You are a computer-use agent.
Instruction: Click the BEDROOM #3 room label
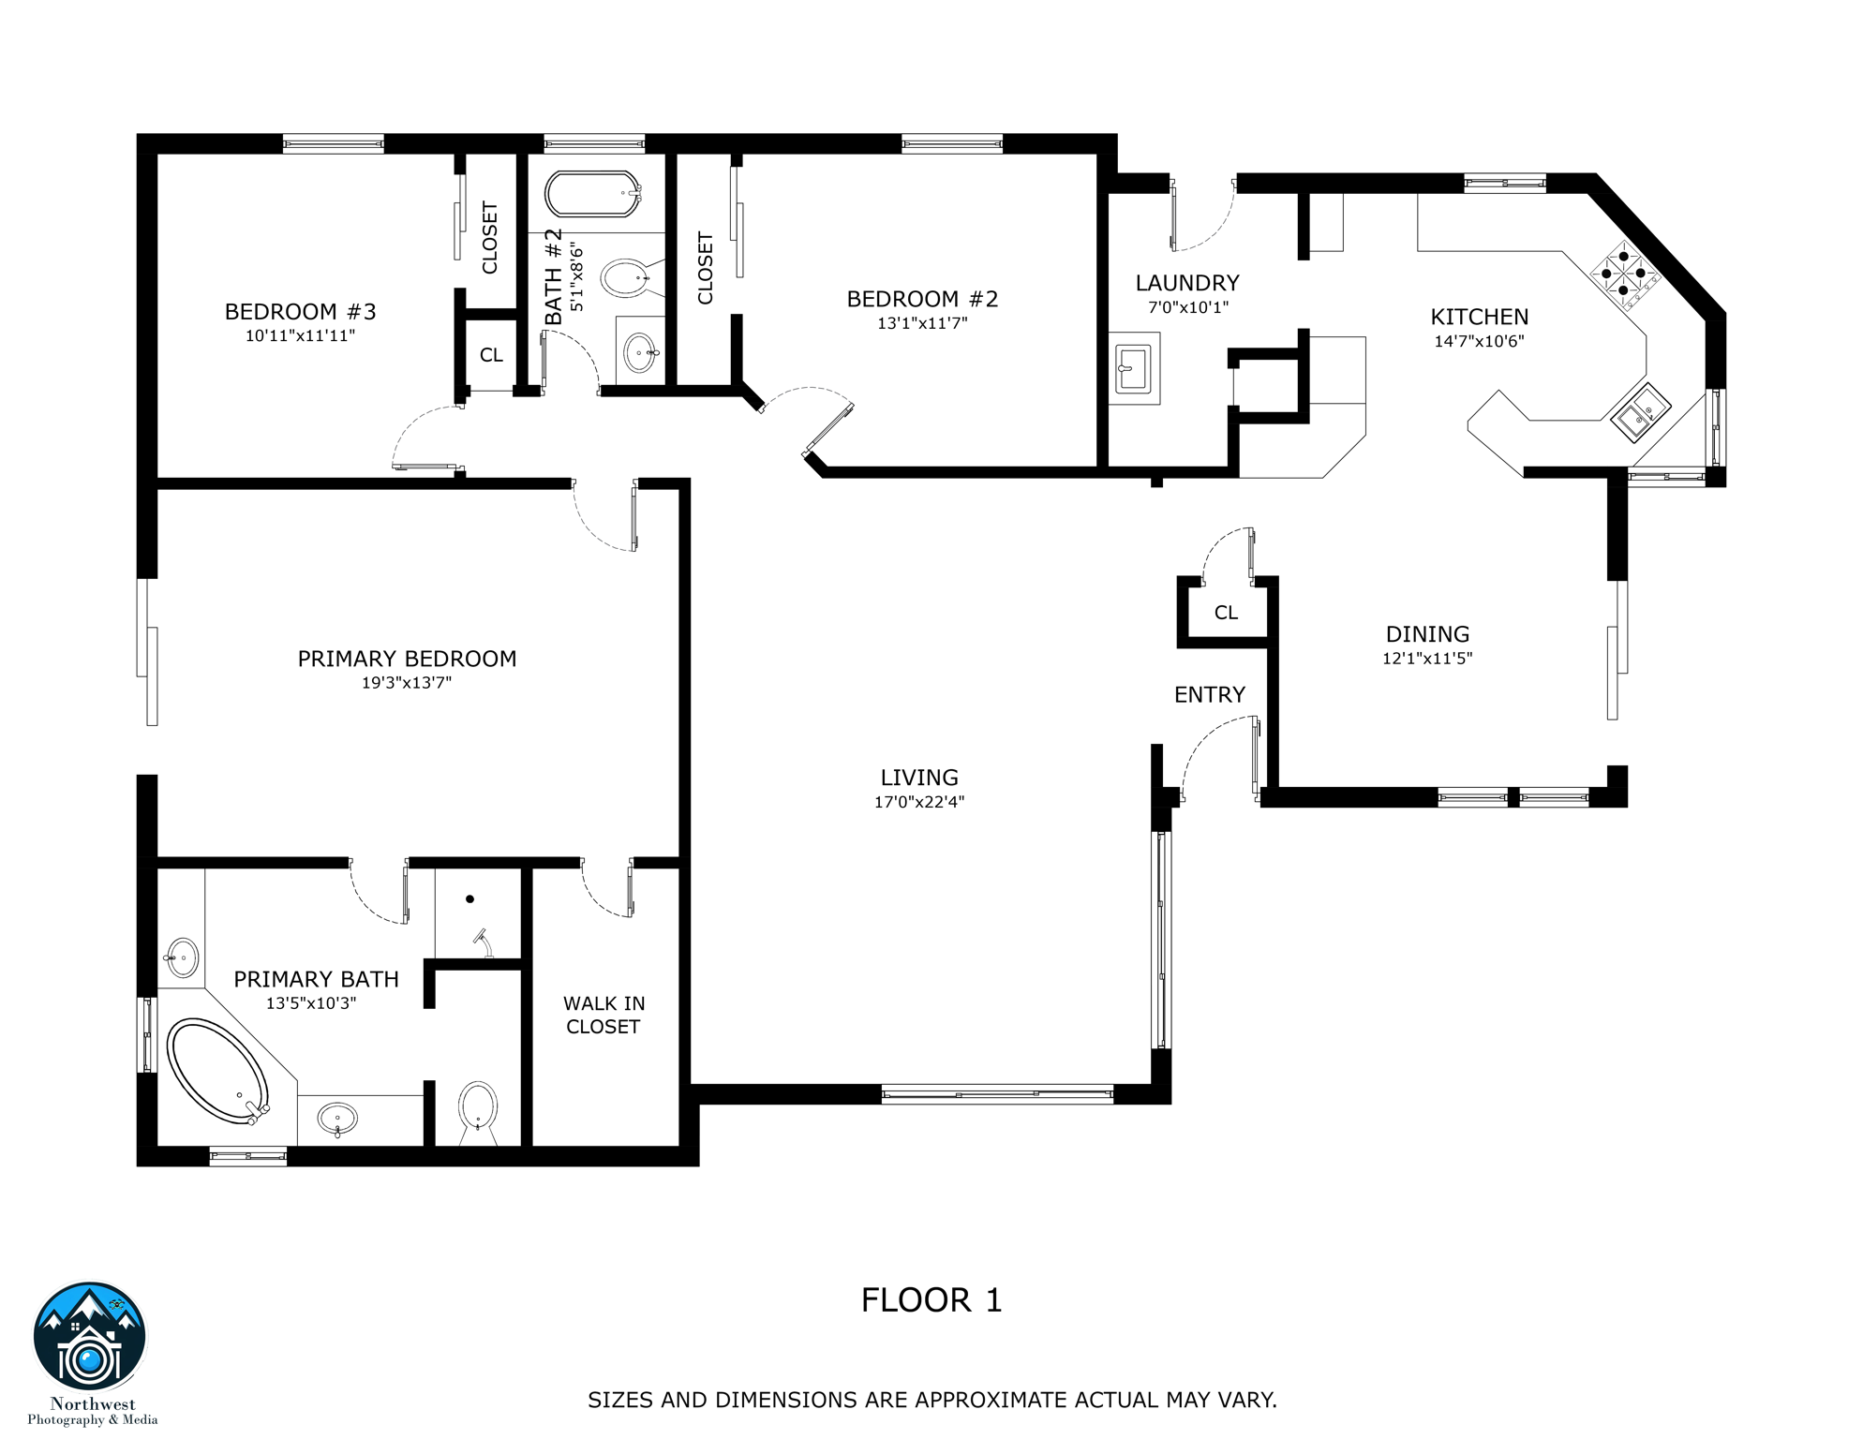click(300, 312)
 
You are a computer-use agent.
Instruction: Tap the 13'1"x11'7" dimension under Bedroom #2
click(922, 323)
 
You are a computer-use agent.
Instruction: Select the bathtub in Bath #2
click(592, 194)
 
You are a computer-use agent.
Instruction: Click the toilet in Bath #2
click(626, 278)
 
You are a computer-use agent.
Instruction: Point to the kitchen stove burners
click(1623, 274)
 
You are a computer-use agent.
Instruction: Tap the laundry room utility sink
click(1133, 368)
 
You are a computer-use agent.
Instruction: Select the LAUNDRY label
click(1186, 283)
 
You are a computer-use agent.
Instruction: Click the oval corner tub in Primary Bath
click(217, 1072)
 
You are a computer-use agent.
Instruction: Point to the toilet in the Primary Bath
click(478, 1110)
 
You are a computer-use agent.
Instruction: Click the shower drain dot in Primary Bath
click(469, 898)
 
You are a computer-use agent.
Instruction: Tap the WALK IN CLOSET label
click(604, 1015)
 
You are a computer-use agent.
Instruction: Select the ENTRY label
click(1209, 694)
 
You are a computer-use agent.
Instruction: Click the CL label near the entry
click(1226, 613)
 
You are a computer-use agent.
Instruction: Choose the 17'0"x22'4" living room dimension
click(918, 802)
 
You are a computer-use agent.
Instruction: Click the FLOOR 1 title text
click(931, 1300)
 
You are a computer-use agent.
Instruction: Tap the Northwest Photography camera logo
click(90, 1338)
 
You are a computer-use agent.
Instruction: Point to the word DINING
click(1427, 634)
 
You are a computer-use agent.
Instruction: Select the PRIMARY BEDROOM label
click(407, 659)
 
